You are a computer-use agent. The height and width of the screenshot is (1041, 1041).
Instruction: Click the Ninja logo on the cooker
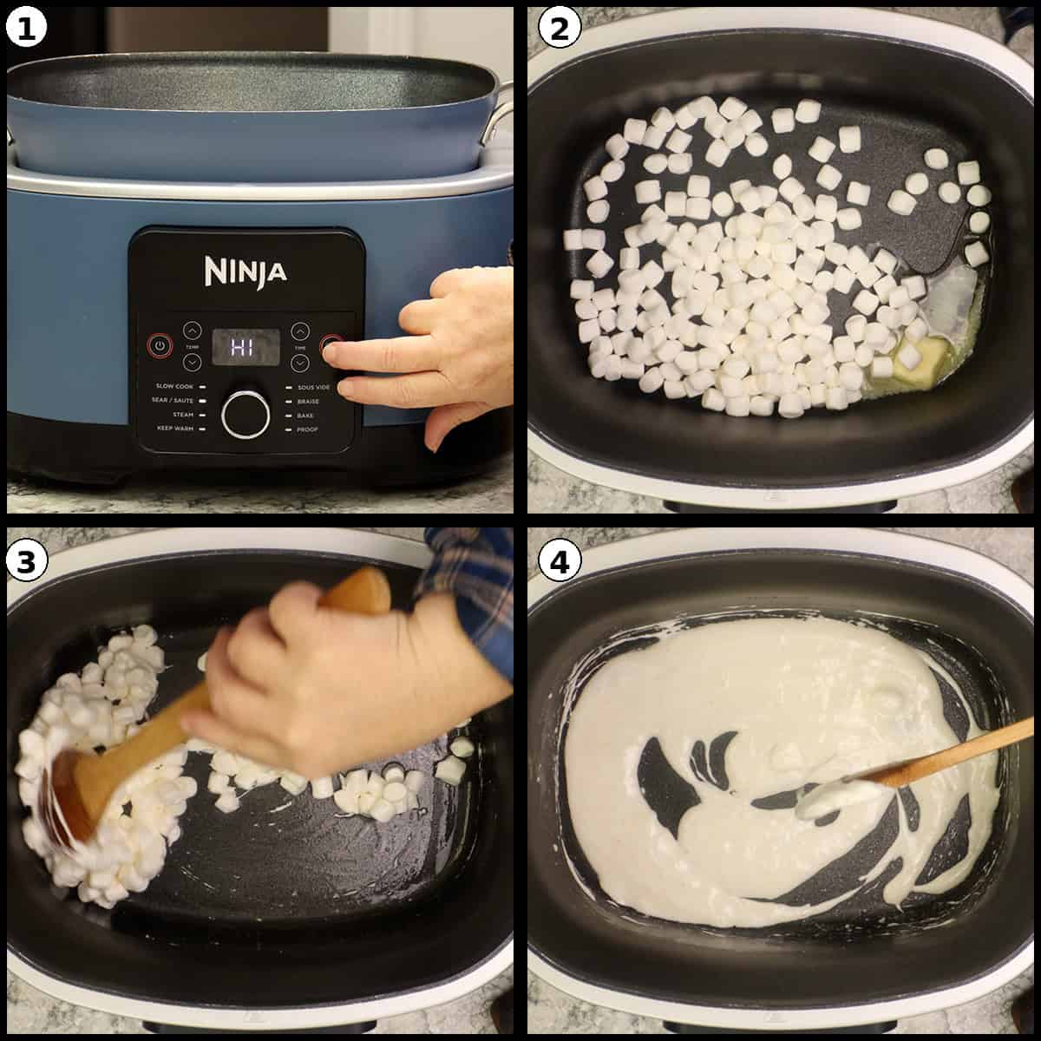pyautogui.click(x=246, y=272)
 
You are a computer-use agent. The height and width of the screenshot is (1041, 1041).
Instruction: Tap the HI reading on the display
pyautogui.click(x=246, y=347)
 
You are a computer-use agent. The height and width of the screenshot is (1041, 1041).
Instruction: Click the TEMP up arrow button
pyautogui.click(x=192, y=331)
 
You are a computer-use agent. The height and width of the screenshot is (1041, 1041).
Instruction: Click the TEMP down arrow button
pyautogui.click(x=192, y=362)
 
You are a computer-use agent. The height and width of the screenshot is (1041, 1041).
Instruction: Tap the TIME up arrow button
pyautogui.click(x=300, y=331)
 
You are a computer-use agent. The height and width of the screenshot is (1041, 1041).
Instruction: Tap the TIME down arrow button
pyautogui.click(x=300, y=362)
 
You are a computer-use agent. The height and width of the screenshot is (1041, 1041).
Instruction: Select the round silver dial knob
pyautogui.click(x=246, y=414)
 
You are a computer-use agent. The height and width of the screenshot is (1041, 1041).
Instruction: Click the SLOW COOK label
pyautogui.click(x=174, y=386)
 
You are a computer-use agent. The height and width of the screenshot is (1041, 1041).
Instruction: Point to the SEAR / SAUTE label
pyautogui.click(x=171, y=401)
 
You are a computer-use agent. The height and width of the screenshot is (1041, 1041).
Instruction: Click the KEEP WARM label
pyautogui.click(x=174, y=429)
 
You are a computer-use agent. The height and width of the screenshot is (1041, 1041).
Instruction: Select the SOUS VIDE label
pyautogui.click(x=312, y=386)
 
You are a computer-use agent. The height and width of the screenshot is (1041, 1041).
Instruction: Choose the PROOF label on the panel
pyautogui.click(x=307, y=429)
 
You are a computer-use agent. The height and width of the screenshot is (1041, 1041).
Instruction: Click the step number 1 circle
pyautogui.click(x=25, y=29)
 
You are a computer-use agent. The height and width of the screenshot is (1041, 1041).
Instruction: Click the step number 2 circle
pyautogui.click(x=558, y=29)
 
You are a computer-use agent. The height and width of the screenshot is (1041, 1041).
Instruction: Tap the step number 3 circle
pyautogui.click(x=25, y=561)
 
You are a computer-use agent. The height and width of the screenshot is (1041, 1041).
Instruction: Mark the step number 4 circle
pyautogui.click(x=558, y=561)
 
